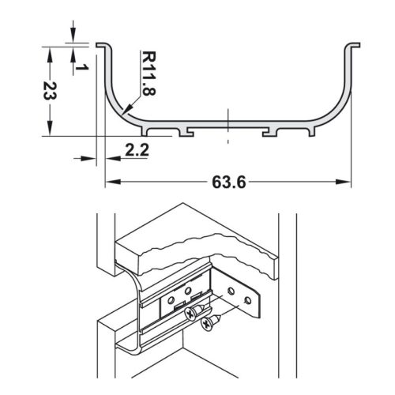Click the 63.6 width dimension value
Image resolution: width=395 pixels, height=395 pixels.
pyautogui.click(x=229, y=182)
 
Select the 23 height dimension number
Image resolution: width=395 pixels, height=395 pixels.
pyautogui.click(x=49, y=92)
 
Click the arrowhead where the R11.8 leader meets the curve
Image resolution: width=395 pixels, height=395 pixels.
pyautogui.click(x=126, y=111)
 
